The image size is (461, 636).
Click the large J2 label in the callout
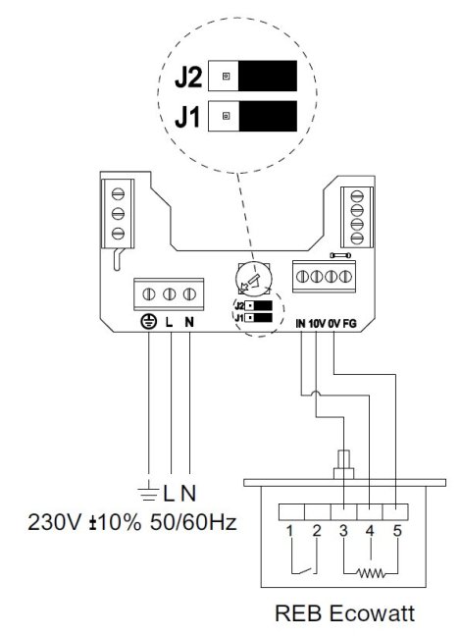(188, 78)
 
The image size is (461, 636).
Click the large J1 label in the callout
(187, 117)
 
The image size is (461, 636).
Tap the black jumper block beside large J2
(268, 76)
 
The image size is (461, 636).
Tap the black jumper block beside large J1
(268, 116)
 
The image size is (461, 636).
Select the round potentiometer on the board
(254, 279)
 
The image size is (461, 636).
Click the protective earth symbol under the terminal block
(149, 322)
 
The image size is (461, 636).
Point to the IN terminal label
(300, 324)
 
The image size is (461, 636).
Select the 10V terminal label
(317, 324)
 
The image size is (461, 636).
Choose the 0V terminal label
(333, 324)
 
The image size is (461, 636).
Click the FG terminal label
(349, 324)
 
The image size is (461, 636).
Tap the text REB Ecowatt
(345, 612)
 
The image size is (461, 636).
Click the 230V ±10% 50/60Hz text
(132, 522)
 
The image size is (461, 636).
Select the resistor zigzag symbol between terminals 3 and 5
(370, 573)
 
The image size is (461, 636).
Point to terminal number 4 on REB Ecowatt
(370, 531)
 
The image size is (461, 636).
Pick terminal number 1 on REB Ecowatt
(289, 531)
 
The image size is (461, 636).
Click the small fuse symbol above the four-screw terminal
(341, 255)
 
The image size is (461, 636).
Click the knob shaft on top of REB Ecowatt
(343, 459)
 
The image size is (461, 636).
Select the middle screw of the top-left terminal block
(118, 213)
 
